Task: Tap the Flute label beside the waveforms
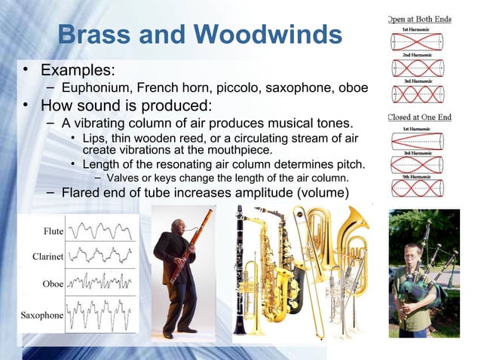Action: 53,230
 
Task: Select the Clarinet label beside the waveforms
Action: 47,257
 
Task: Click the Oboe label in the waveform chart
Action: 51,284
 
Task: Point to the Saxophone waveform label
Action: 42,315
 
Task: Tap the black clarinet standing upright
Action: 239,271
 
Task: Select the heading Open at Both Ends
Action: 419,19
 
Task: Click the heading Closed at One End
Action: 419,117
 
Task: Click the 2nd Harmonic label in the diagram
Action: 420,54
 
